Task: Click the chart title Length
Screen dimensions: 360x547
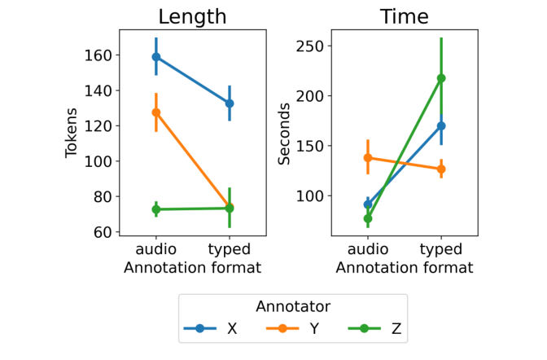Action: (x=192, y=16)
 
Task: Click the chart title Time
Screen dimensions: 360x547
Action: (x=404, y=16)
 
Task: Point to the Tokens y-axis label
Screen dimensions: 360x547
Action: (x=72, y=133)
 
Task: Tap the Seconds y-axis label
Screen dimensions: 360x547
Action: (x=284, y=133)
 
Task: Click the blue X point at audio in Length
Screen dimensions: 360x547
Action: (x=155, y=57)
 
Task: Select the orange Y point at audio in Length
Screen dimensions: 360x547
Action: (x=155, y=112)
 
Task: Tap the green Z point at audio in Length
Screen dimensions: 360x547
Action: (x=155, y=209)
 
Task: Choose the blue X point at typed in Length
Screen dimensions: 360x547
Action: (x=230, y=103)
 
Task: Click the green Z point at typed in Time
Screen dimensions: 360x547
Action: (x=441, y=78)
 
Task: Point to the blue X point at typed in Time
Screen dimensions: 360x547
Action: (x=441, y=126)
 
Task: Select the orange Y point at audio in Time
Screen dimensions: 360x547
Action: (x=367, y=158)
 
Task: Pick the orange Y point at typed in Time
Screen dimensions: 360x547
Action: (x=441, y=169)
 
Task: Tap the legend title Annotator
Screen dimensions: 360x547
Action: (x=293, y=307)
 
